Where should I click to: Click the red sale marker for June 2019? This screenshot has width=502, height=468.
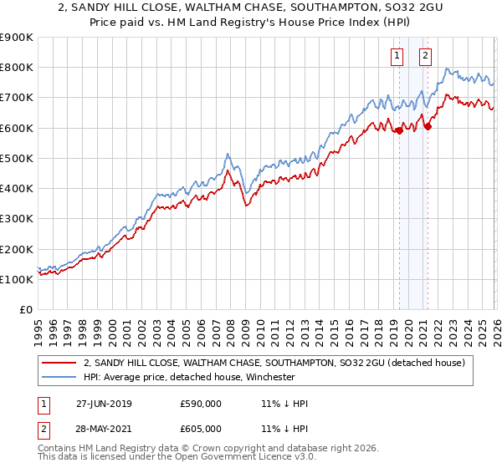pos(399,130)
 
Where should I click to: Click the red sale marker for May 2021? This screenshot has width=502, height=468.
pos(428,127)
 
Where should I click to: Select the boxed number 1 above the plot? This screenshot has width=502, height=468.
pos(396,56)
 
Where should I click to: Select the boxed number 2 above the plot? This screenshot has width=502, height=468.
pos(425,56)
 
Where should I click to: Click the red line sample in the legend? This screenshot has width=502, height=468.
pos(59,363)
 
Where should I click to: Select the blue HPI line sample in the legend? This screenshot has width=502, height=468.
pos(59,377)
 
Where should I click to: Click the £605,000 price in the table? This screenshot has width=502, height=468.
pos(201,428)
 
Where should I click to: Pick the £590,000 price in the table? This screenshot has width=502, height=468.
pos(201,404)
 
